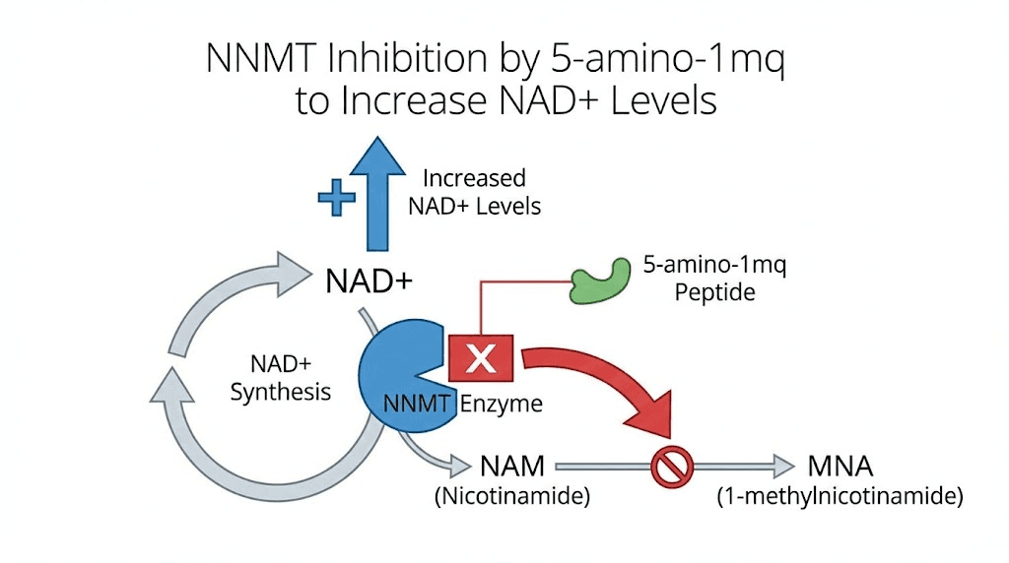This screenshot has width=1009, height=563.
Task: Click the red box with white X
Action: (481, 357)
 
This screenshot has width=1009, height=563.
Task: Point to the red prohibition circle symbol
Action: (673, 468)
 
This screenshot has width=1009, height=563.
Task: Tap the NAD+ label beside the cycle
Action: (369, 282)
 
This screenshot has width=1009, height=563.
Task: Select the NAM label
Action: (512, 466)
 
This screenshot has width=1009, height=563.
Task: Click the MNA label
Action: (840, 466)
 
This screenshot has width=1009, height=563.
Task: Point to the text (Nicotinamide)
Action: (512, 497)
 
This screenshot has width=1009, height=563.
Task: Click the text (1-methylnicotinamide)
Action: (839, 497)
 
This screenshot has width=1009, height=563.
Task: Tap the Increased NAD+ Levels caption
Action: (474, 193)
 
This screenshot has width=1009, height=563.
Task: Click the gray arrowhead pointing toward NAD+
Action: (294, 273)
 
